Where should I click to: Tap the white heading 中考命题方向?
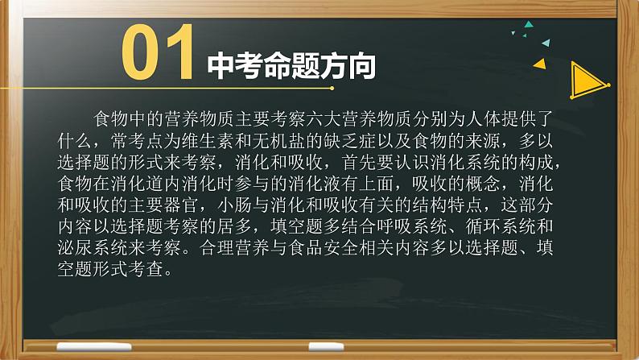(291, 65)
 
